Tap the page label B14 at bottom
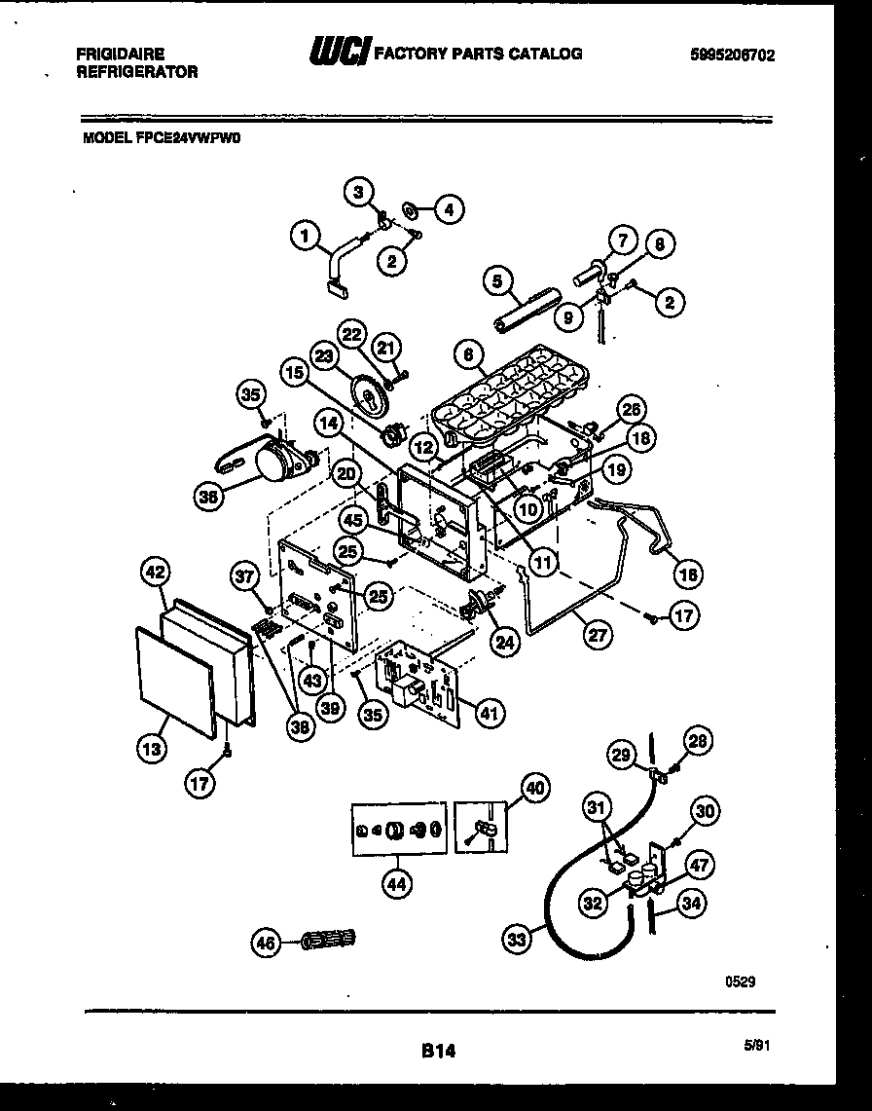pyautogui.click(x=439, y=1051)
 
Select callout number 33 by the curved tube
pyautogui.click(x=519, y=940)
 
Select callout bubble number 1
pyautogui.click(x=305, y=235)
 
